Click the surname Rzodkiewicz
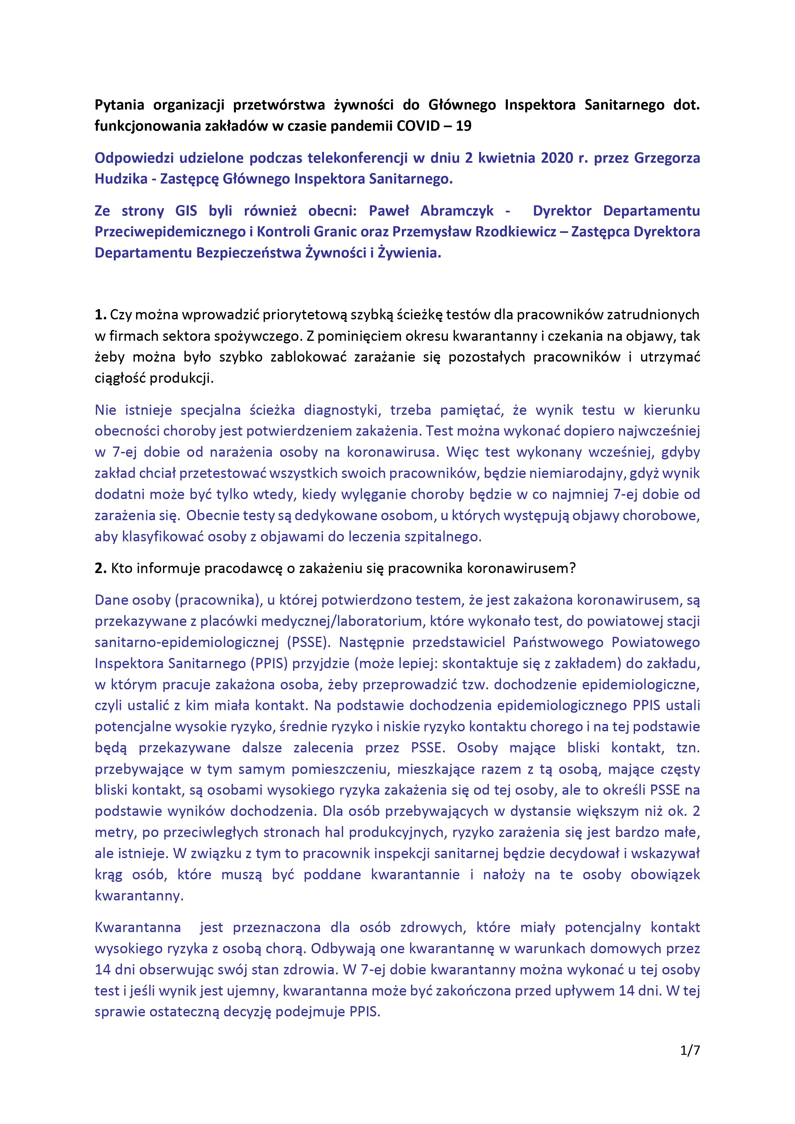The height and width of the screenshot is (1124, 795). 516,232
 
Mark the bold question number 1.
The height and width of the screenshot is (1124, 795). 100,315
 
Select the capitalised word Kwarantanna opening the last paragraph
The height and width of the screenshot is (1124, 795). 138,927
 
